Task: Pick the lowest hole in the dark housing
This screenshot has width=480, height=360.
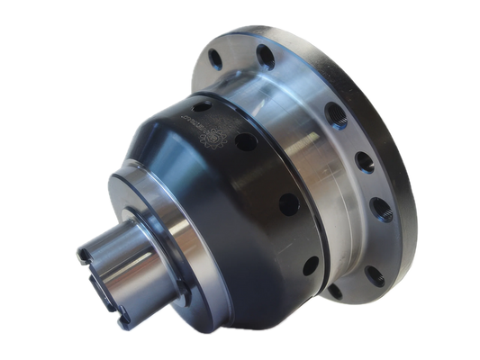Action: (x=310, y=266)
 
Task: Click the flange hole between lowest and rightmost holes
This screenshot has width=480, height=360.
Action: (x=371, y=256)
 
